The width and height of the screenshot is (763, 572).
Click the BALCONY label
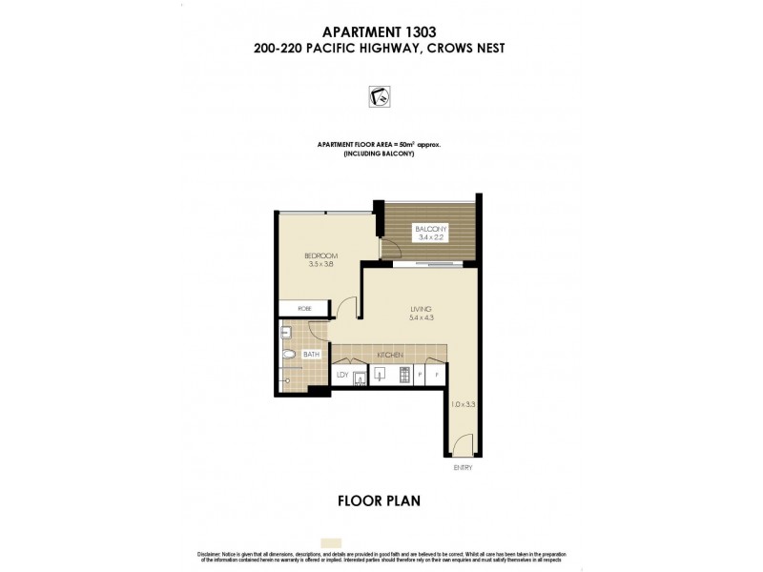coord(426,228)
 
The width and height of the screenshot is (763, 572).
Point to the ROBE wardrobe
coord(303,309)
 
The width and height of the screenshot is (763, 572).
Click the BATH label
coord(310,355)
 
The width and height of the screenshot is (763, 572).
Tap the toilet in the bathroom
coord(288,356)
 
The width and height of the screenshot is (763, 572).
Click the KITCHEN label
coord(390,355)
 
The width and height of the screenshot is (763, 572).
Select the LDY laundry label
coord(341,376)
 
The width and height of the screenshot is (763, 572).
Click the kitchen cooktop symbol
coord(404,375)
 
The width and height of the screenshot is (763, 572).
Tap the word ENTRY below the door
coord(463,468)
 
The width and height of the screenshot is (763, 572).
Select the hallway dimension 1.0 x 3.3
coord(462,405)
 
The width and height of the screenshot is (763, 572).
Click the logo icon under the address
coord(380,96)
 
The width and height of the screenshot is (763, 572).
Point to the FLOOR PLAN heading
coord(381,500)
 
